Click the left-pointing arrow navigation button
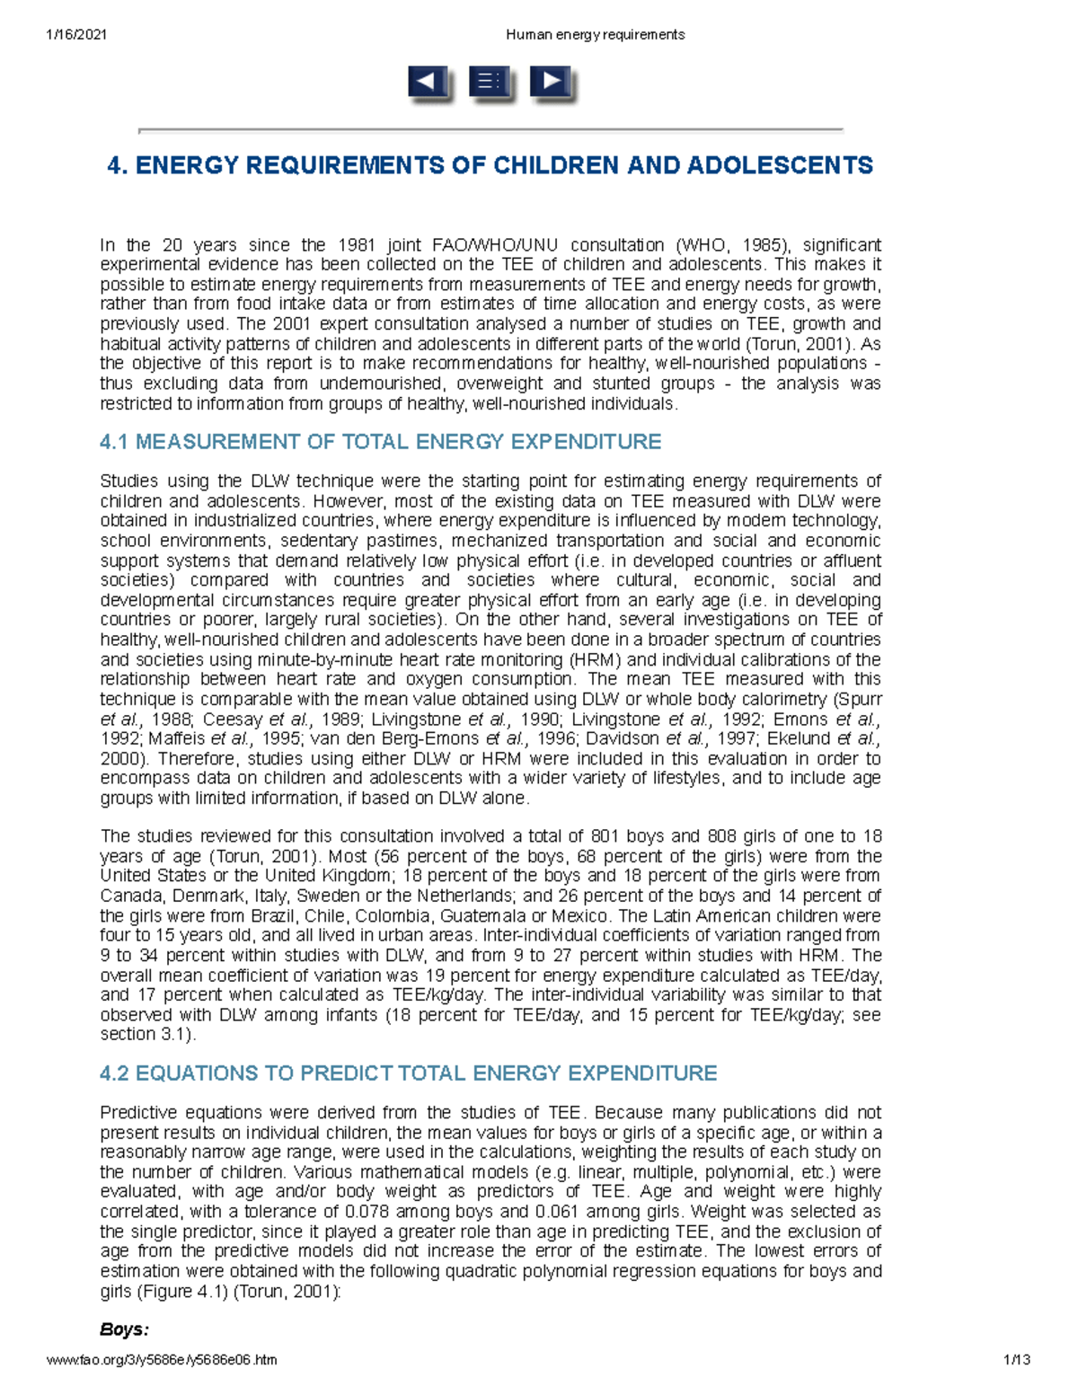pos(429,83)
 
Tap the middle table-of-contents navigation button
pos(490,83)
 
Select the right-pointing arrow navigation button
pos(551,83)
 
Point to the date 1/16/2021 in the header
pos(76,34)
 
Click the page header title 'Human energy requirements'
pos(595,34)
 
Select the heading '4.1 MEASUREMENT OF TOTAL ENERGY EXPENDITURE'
pos(380,442)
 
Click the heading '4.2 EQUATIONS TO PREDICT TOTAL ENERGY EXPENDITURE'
pos(408,1073)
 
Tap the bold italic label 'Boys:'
pos(124,1329)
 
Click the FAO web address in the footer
pos(162,1360)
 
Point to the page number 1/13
pos(1017,1360)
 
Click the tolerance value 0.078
pos(370,1212)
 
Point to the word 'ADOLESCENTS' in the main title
pos(780,166)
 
